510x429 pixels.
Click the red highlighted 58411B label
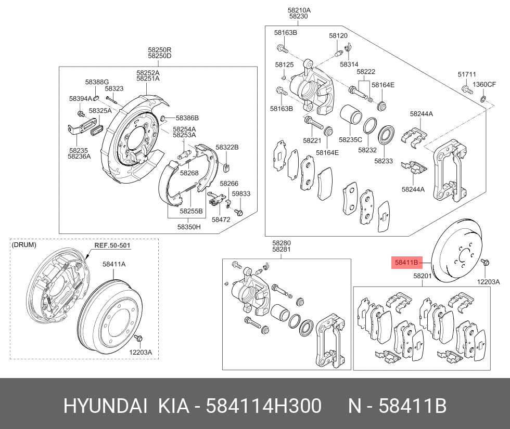click(x=406, y=263)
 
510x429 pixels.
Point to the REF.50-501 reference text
click(x=112, y=246)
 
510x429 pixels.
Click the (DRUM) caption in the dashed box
click(x=24, y=244)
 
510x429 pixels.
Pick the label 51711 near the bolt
click(x=467, y=75)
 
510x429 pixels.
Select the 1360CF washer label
click(x=484, y=84)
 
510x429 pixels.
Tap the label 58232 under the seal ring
click(x=367, y=150)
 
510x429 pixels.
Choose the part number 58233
click(x=384, y=161)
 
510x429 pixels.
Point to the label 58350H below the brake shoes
click(x=188, y=227)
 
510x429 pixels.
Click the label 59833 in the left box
click(x=241, y=193)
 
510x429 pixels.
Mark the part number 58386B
click(x=187, y=118)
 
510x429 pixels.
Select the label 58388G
click(x=97, y=82)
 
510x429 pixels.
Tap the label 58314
click(x=349, y=64)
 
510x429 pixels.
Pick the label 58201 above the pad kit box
click(x=422, y=276)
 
